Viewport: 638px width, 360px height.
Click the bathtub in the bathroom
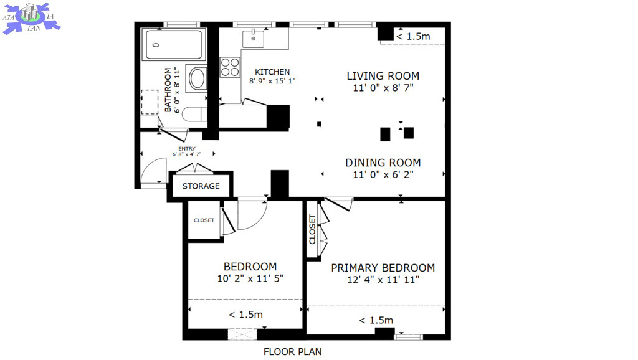(174, 45)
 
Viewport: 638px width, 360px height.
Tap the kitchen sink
(253, 39)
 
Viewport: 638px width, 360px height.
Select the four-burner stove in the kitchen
(230, 67)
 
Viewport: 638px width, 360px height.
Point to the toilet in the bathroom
(194, 114)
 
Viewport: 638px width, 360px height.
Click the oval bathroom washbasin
(198, 78)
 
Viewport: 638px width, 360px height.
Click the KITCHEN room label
(272, 72)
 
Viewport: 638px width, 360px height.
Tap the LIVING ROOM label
(383, 76)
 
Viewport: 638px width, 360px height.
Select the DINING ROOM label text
(383, 163)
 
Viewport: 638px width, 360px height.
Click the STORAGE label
(201, 186)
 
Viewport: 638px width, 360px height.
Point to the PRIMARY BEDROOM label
(383, 268)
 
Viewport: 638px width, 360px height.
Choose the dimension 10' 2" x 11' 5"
(250, 278)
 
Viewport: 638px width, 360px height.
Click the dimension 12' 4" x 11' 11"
(383, 280)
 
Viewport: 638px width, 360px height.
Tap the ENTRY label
(187, 149)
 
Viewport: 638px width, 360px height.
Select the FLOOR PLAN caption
(293, 352)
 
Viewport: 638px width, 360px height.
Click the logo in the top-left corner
(31, 18)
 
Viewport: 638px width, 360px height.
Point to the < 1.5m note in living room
(413, 36)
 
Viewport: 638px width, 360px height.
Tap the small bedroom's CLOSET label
(204, 220)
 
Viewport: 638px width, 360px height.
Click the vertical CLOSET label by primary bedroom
(313, 229)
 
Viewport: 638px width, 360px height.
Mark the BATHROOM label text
(168, 90)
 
